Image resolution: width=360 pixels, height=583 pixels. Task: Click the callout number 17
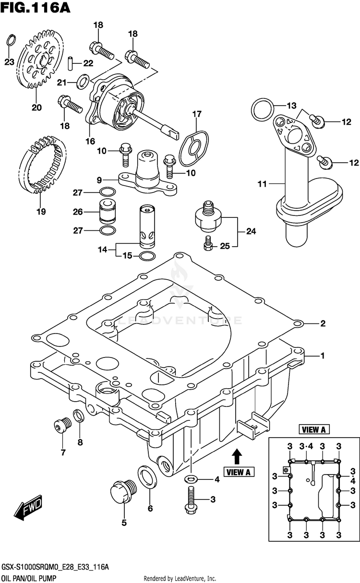tap(196, 114)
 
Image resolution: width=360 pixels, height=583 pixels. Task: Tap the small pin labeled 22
tap(70, 62)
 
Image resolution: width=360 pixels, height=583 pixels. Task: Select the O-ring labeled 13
tap(262, 109)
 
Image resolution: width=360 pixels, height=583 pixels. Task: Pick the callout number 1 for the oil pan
tap(322, 356)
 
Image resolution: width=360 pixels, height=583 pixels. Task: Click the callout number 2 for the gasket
tap(322, 323)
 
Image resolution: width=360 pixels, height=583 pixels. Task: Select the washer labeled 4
tap(191, 478)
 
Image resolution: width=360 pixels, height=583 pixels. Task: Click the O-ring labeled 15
tap(147, 256)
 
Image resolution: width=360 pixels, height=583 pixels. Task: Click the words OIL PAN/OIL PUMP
tap(28, 578)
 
